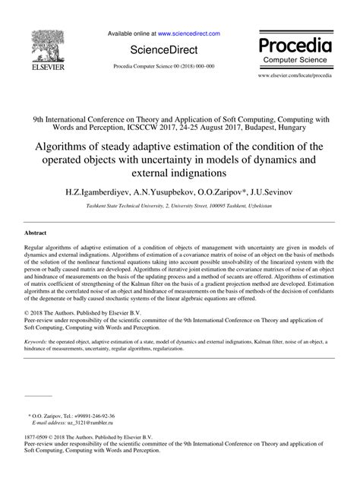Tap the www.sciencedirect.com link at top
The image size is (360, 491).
tap(188, 34)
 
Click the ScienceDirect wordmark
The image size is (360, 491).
tap(161, 51)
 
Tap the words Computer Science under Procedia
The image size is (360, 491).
tap(299, 59)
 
